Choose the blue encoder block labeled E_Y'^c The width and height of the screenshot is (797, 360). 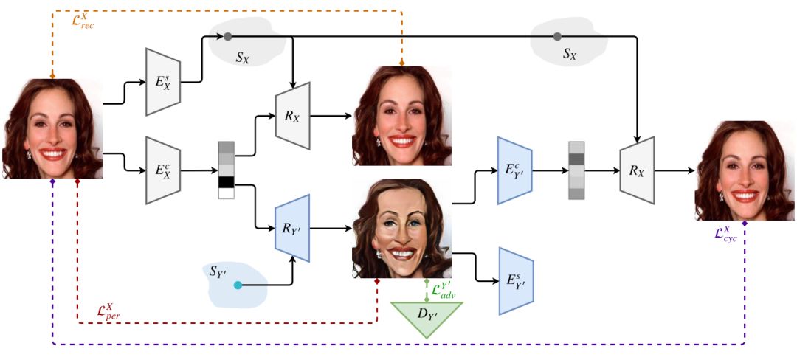514,170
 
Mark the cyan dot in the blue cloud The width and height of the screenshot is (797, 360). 237,285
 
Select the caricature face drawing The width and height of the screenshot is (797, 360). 401,228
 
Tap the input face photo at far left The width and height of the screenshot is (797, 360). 52,128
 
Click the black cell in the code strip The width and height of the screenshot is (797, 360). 226,182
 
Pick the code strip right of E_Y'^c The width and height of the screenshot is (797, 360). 576,170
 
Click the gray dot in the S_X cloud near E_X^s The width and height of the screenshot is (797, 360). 228,36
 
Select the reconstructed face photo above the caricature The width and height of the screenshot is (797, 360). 402,115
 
